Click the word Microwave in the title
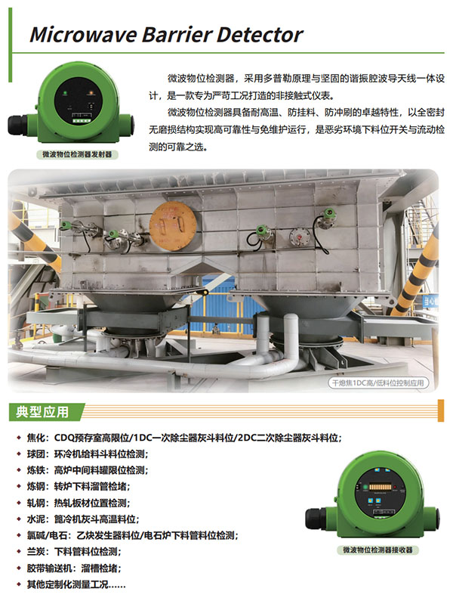84,35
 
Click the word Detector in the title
260,35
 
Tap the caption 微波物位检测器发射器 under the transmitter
77,154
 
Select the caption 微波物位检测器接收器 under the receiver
377,550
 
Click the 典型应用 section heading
42,412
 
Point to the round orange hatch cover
173,226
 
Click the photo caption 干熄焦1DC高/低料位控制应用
378,383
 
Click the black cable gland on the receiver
316,518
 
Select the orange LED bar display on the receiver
380,487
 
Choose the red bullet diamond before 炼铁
19,470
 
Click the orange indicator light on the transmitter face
91,93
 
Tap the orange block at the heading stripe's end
441,410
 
